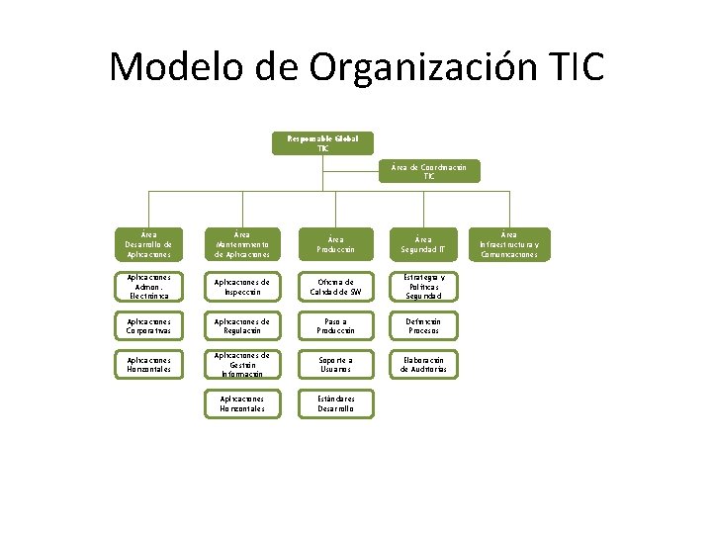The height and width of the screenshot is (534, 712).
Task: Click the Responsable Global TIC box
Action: pos(323,142)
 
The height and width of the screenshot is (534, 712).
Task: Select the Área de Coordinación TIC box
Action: pos(429,171)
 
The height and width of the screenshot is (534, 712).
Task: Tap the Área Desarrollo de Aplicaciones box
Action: pos(148,244)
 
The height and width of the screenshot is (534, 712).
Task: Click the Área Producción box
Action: pos(336,244)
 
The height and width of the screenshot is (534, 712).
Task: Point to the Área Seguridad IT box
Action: pos(422,244)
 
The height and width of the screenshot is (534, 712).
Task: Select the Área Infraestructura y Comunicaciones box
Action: pos(509,244)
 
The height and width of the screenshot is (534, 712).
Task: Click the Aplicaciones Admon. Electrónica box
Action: pos(148,286)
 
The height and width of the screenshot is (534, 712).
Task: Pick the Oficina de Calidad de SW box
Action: pos(336,286)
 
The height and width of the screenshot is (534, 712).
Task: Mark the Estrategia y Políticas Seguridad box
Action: pos(422,286)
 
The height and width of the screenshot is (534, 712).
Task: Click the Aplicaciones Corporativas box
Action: pos(148,325)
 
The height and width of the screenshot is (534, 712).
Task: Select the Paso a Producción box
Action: pos(336,325)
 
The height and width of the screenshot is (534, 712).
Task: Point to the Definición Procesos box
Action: pos(422,325)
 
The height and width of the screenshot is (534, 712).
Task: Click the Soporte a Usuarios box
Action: pos(336,365)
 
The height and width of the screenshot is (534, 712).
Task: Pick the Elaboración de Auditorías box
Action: pos(422,365)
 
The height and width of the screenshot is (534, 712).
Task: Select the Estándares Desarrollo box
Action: pos(336,403)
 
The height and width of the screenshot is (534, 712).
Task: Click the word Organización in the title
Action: pos(424,67)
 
